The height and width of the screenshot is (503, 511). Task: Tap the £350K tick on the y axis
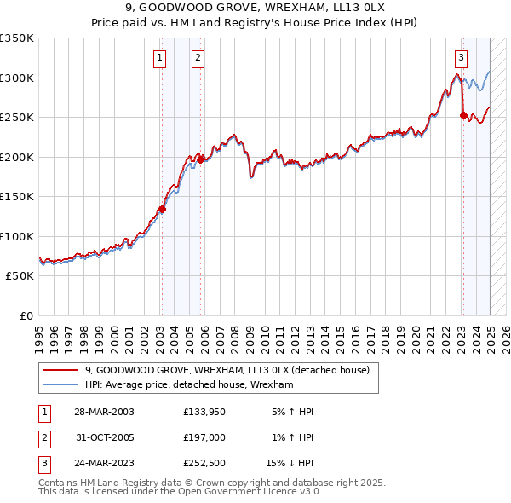click(x=17, y=38)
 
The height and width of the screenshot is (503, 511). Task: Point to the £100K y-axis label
click(x=17, y=236)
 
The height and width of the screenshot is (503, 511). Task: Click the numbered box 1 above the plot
click(x=160, y=58)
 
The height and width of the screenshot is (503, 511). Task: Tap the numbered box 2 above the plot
click(x=198, y=58)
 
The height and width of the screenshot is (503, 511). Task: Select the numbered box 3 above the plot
click(x=461, y=58)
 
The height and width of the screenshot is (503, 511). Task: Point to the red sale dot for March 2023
click(x=463, y=116)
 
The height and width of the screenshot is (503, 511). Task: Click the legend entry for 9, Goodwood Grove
click(x=227, y=370)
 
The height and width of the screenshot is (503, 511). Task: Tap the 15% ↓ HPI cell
click(x=290, y=465)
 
